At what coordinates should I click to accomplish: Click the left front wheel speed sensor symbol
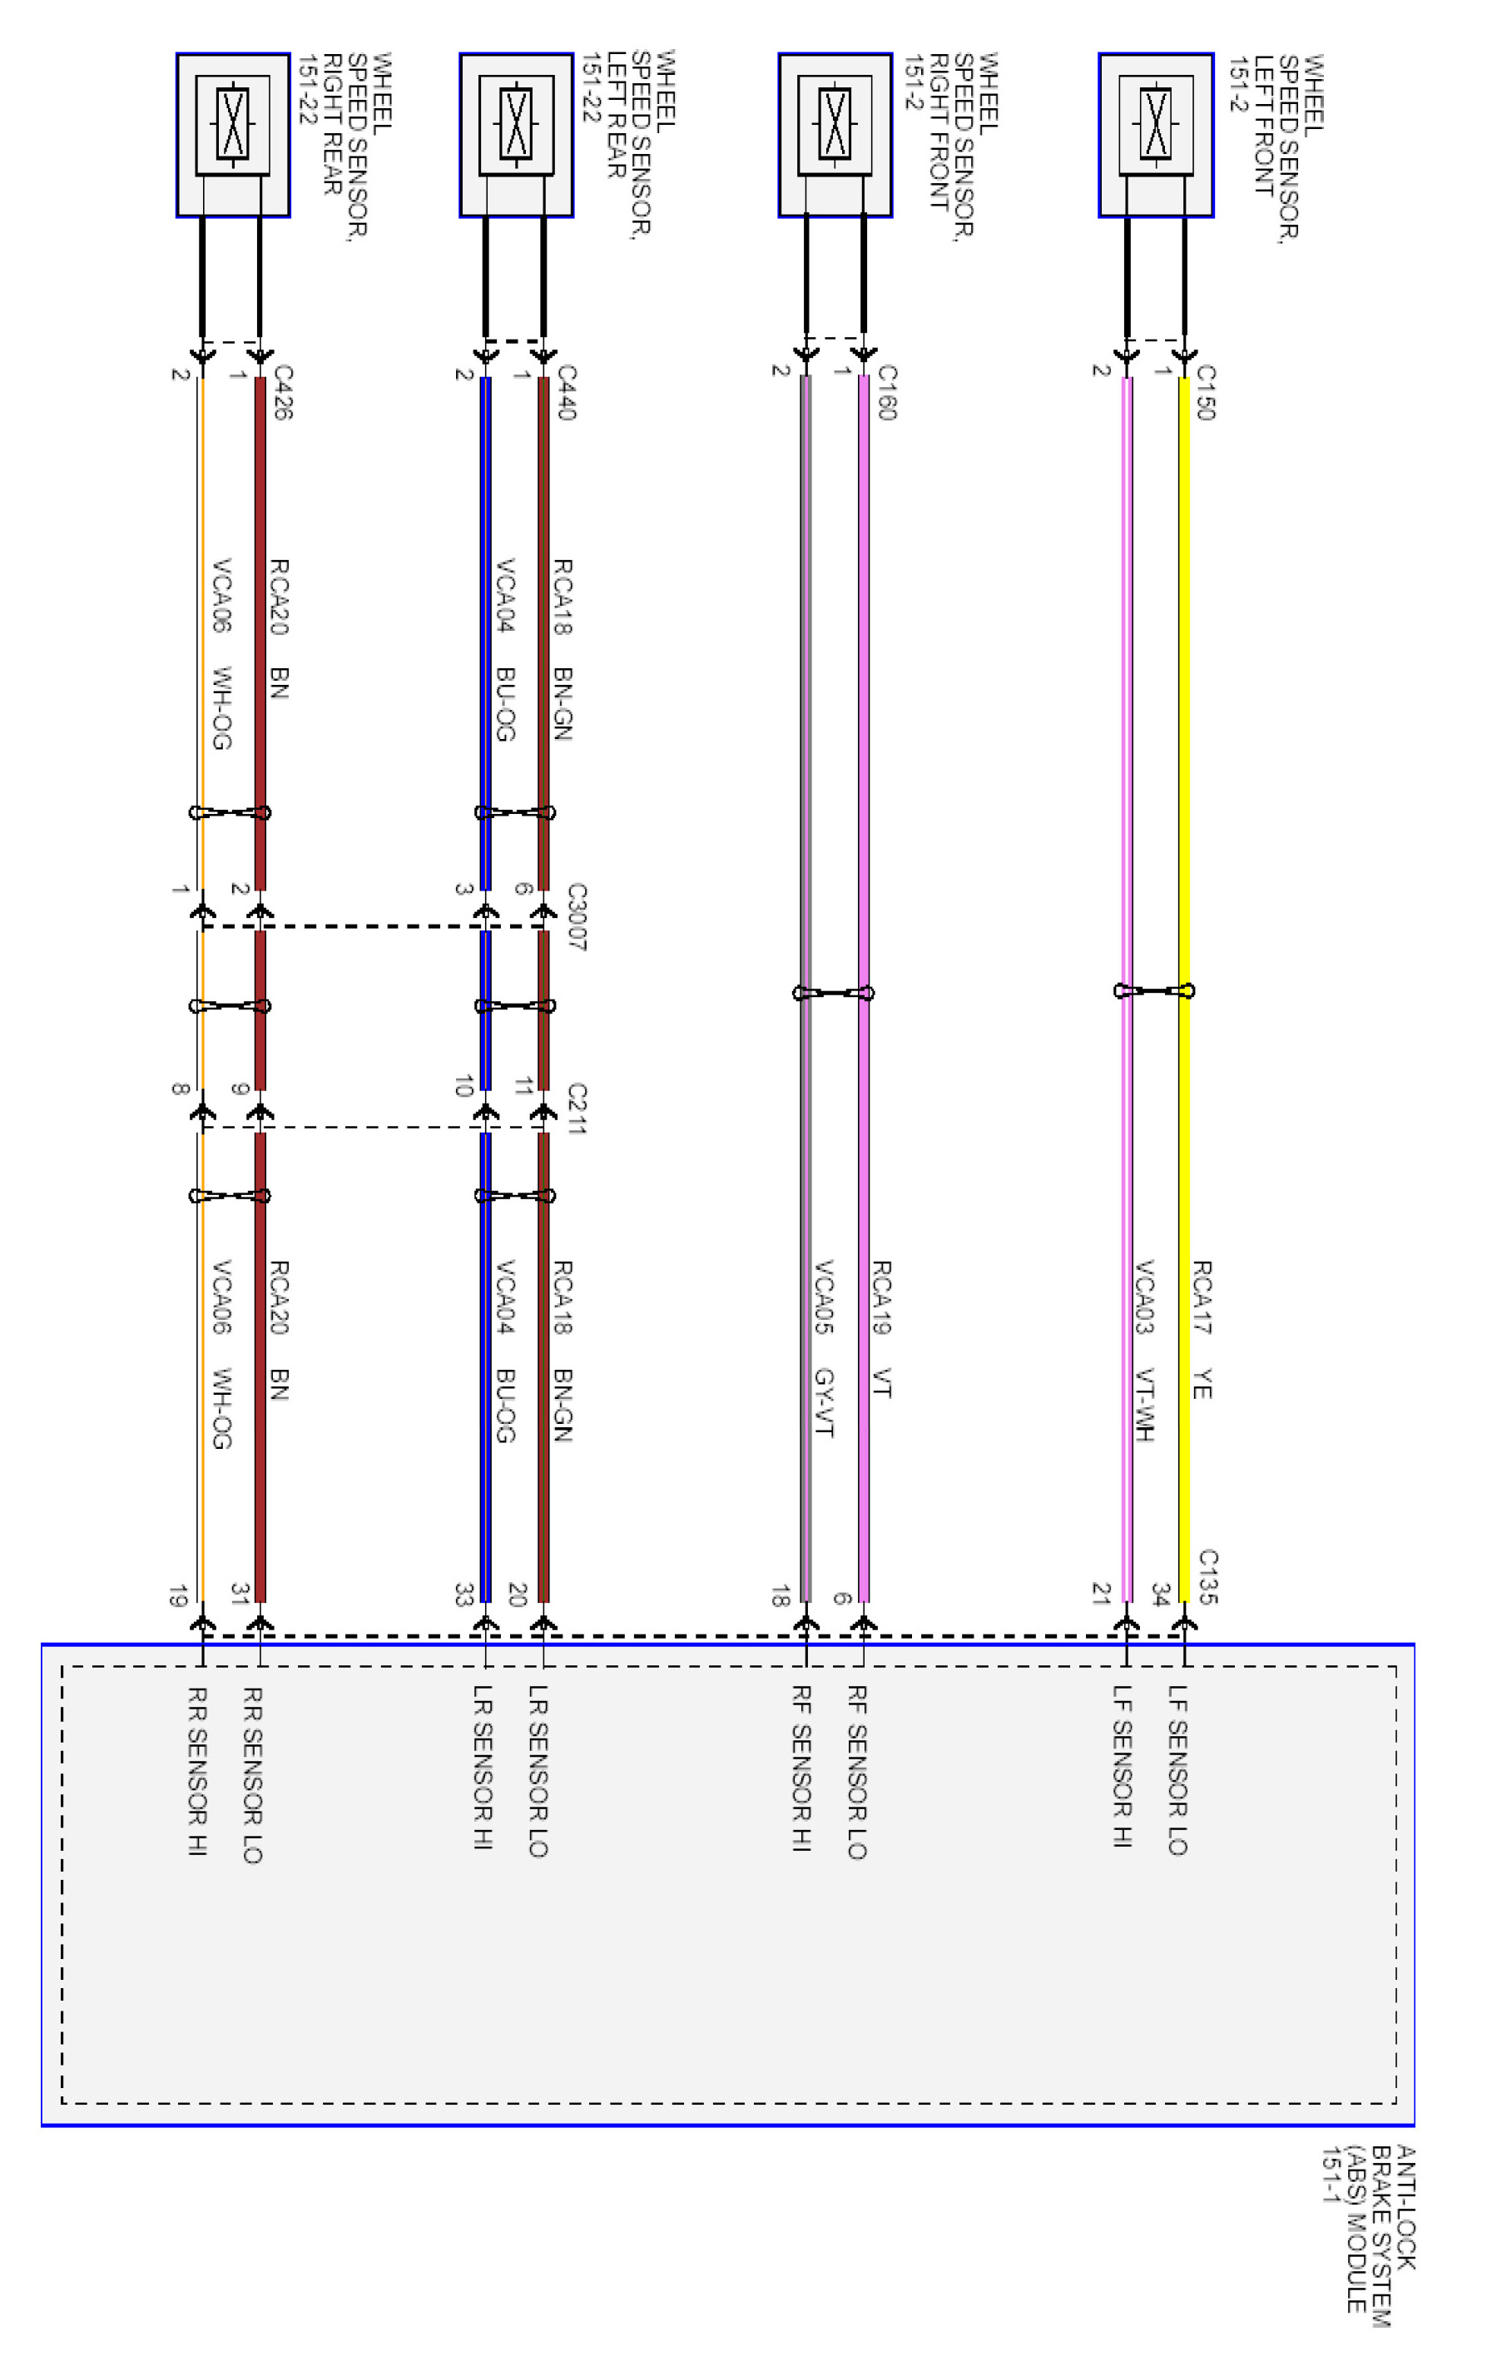coord(1156,125)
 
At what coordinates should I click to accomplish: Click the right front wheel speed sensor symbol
coord(835,125)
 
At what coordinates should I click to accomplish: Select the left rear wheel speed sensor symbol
coord(516,125)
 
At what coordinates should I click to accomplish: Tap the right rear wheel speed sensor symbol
coord(232,125)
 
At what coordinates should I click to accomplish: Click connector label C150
coord(1206,392)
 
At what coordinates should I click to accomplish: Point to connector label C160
coord(886,392)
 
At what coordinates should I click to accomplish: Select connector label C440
coord(566,392)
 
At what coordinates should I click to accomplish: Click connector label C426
coord(282,392)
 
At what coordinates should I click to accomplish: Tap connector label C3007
coord(577,917)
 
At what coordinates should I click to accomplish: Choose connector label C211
coord(577,1109)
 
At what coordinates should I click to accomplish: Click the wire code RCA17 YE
coord(1202,1330)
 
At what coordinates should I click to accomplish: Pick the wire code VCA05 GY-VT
coord(824,1348)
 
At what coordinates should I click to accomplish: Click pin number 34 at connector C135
coord(1161,1595)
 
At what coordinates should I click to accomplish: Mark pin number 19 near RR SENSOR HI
coord(177,1596)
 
